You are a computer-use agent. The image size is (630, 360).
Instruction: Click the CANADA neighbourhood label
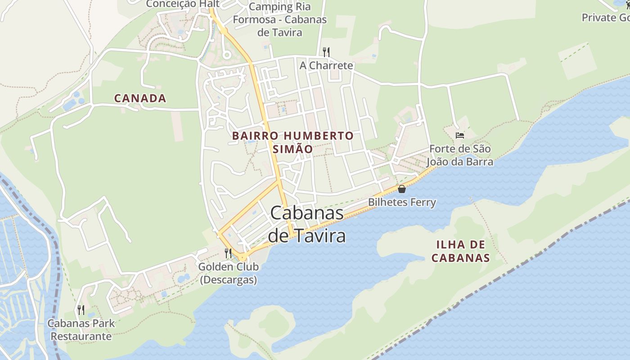click(x=140, y=98)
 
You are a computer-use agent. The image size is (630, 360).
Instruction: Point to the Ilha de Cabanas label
click(x=460, y=251)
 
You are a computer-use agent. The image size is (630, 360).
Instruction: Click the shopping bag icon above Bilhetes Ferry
click(x=402, y=189)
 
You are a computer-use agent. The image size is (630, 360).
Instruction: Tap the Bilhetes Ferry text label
click(x=402, y=202)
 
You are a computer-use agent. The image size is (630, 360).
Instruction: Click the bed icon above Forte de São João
click(x=459, y=135)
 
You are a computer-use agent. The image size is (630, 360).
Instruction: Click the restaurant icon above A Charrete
click(x=326, y=52)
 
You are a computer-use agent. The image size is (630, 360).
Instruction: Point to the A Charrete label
click(x=326, y=66)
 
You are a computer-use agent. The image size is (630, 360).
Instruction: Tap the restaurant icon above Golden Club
click(x=228, y=253)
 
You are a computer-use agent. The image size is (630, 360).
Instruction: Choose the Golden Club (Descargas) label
click(x=229, y=273)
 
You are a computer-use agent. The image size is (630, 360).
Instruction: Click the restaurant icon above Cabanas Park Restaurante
click(x=81, y=310)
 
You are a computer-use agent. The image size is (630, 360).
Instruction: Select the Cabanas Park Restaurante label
click(x=81, y=330)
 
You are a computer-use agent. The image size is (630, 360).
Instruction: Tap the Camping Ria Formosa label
click(x=279, y=20)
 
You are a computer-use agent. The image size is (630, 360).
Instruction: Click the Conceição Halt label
click(x=183, y=4)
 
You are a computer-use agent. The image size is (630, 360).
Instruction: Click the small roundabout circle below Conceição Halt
click(x=227, y=55)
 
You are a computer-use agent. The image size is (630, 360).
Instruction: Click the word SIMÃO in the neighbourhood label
click(x=292, y=149)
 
